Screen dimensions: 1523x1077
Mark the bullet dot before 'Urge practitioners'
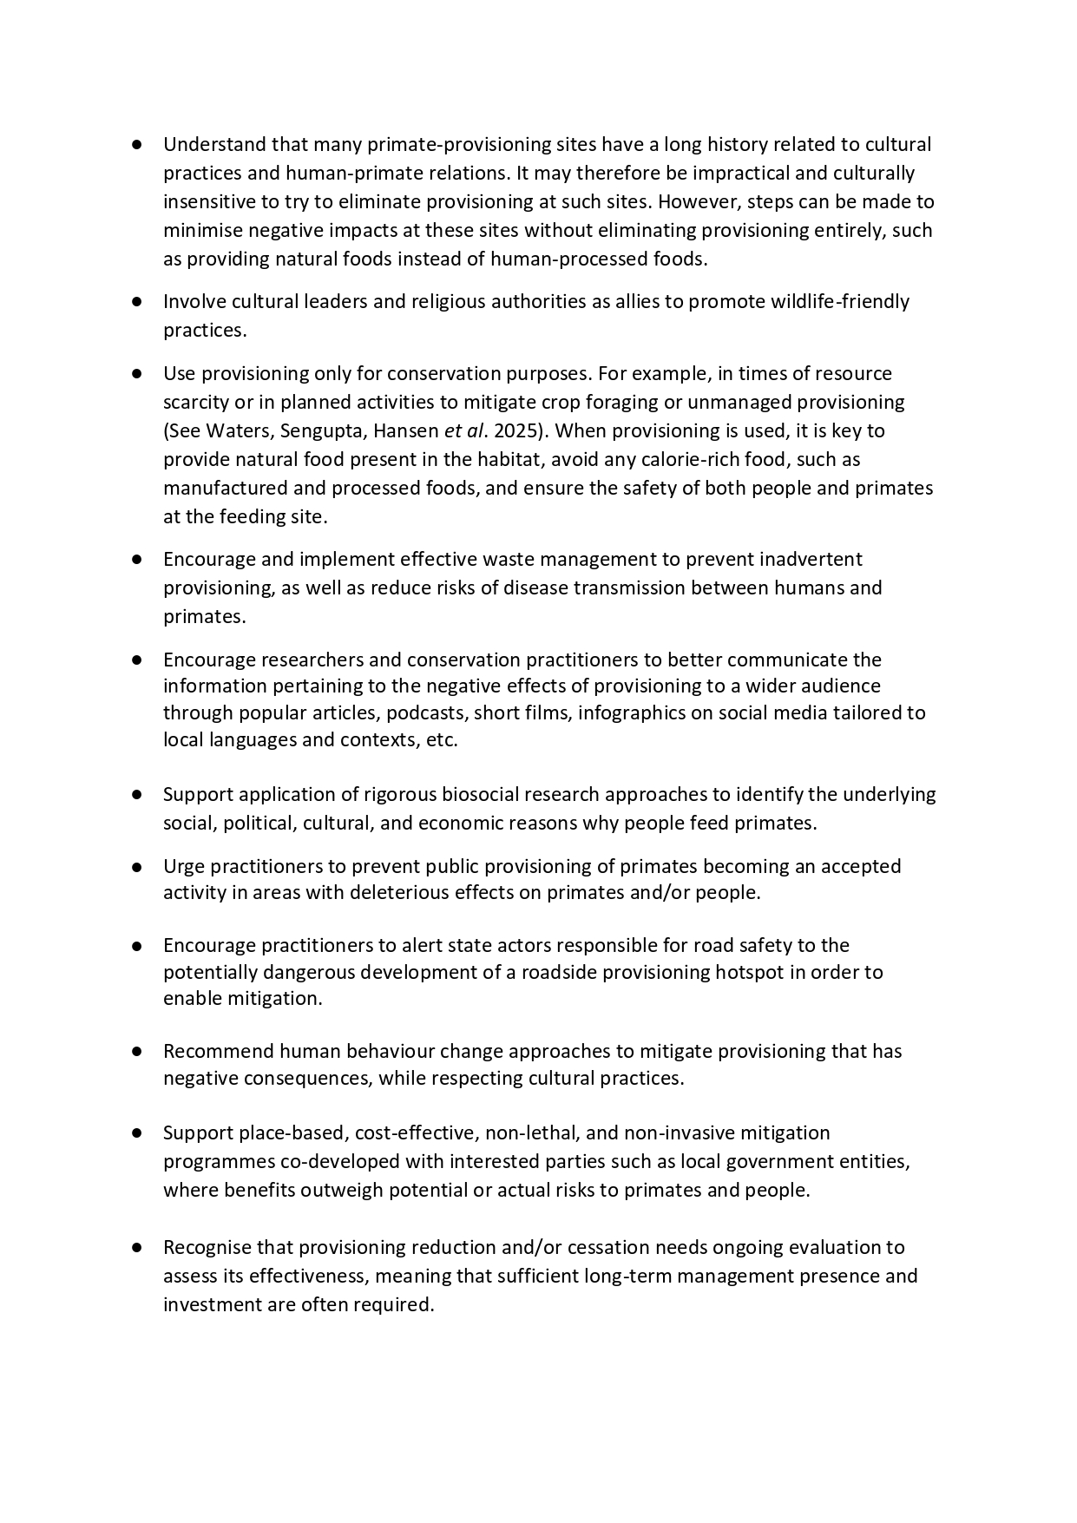(x=137, y=866)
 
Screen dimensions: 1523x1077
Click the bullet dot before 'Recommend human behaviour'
(x=137, y=1051)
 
